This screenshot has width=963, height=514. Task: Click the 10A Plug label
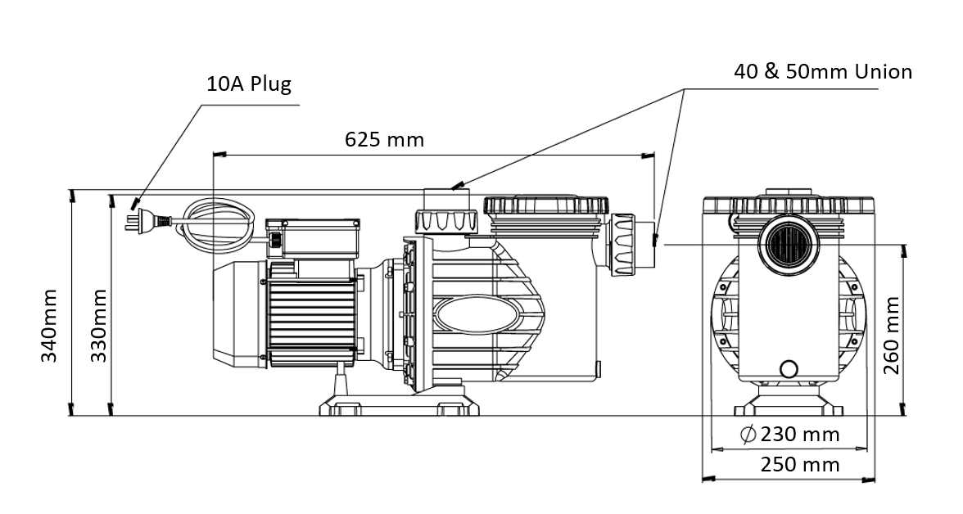(x=249, y=83)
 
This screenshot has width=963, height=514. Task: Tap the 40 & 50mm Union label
(x=823, y=72)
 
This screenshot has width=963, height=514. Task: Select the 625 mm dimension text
(x=385, y=139)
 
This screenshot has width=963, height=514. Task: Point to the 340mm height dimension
(x=49, y=326)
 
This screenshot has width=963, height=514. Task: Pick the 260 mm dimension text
(x=891, y=336)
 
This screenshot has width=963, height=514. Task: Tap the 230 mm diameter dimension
(x=790, y=435)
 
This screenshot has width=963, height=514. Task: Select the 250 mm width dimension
(x=800, y=464)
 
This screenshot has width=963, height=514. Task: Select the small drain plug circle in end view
(x=788, y=368)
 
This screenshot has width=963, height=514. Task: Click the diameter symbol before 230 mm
(x=748, y=435)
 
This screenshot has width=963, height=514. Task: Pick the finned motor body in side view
(x=312, y=314)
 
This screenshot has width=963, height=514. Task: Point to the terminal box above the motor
(x=313, y=237)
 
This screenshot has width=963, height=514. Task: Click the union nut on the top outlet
(x=445, y=220)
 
